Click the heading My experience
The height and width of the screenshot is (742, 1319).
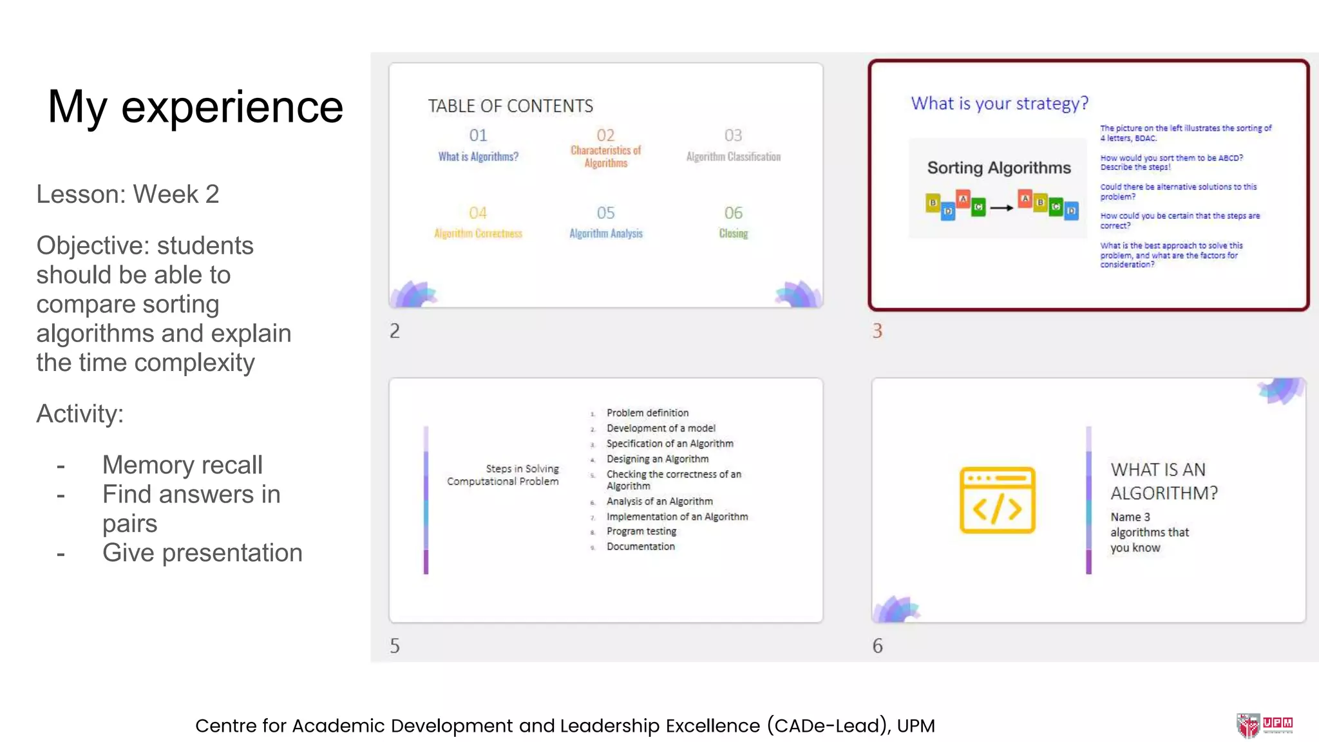[195, 107]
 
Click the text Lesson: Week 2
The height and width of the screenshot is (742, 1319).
[128, 194]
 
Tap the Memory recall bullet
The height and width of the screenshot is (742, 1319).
[182, 465]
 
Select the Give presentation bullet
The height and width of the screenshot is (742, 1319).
[202, 553]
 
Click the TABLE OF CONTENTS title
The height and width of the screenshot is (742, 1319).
[510, 106]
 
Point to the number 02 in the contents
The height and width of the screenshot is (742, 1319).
[605, 135]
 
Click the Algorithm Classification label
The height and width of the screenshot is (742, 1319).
[733, 157]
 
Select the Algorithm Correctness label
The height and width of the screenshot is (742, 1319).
[478, 233]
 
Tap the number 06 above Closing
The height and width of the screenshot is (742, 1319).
[733, 213]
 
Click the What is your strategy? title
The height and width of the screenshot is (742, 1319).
[999, 103]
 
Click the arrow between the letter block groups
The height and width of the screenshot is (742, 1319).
[1001, 208]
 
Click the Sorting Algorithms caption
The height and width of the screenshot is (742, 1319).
[999, 168]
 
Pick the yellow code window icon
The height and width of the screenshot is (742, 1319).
[997, 500]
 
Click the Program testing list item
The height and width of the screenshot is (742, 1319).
[641, 531]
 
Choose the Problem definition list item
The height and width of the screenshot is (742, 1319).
[647, 413]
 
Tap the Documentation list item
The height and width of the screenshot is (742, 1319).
[640, 547]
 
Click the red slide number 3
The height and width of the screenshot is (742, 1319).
[877, 331]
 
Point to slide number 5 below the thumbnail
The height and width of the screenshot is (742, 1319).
[395, 646]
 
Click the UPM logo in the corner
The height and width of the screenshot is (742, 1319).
[1264, 725]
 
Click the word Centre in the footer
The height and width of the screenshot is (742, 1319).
[225, 726]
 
